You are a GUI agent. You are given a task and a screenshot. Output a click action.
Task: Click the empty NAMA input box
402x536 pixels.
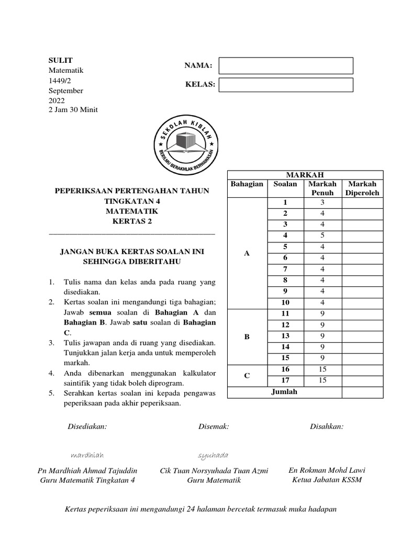[286, 65]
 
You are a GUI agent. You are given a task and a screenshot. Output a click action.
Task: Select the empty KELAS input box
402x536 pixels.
[286, 85]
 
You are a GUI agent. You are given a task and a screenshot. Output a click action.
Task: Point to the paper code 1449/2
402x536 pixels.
[59, 81]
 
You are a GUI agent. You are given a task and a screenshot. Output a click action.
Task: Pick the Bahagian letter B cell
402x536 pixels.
[247, 337]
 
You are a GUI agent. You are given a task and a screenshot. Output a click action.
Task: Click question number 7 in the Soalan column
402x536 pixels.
[285, 269]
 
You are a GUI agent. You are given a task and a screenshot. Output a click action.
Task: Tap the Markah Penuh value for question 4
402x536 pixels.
[323, 236]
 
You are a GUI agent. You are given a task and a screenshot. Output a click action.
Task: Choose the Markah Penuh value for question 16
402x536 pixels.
[323, 370]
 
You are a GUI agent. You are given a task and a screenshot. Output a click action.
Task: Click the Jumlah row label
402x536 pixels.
[285, 392]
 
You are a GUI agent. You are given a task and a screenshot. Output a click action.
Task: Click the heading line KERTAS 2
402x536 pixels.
[131, 221]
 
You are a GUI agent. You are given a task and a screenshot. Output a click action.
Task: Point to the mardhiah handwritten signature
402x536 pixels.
[86, 454]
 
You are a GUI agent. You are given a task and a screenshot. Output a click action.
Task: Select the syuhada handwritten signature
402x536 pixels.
[213, 454]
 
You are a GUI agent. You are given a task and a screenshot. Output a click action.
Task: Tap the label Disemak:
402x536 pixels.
[214, 427]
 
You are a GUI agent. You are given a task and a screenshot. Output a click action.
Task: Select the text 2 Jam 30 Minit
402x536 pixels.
[73, 109]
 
